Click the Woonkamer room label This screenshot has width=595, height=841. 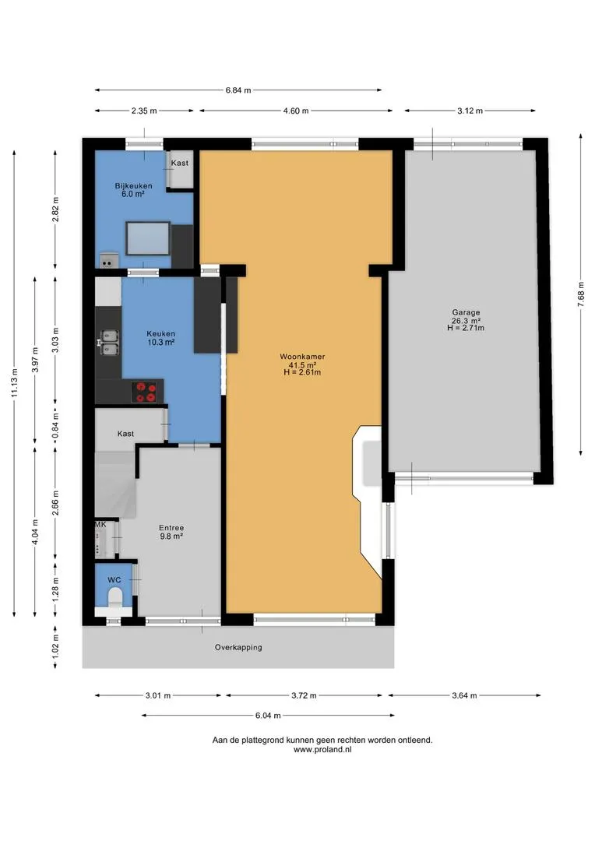302,357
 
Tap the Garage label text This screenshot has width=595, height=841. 466,312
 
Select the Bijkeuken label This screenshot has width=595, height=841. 134,185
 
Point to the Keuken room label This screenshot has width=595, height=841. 161,333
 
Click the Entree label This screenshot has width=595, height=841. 171,528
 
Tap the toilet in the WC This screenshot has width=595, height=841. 115,597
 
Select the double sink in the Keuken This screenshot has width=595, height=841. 110,342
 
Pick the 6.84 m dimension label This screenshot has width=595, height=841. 238,90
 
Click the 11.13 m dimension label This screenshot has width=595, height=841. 15,383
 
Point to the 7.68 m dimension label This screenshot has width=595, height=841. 580,294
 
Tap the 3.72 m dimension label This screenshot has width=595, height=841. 305,695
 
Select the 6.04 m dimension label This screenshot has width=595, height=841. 268,715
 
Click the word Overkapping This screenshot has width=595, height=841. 238,647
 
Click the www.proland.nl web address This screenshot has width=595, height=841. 322,749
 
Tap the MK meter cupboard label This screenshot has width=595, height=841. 100,525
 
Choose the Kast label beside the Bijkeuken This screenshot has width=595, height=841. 180,163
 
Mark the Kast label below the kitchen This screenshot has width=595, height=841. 125,434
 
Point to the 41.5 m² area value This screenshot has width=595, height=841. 302,364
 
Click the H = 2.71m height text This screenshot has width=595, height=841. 466,328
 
